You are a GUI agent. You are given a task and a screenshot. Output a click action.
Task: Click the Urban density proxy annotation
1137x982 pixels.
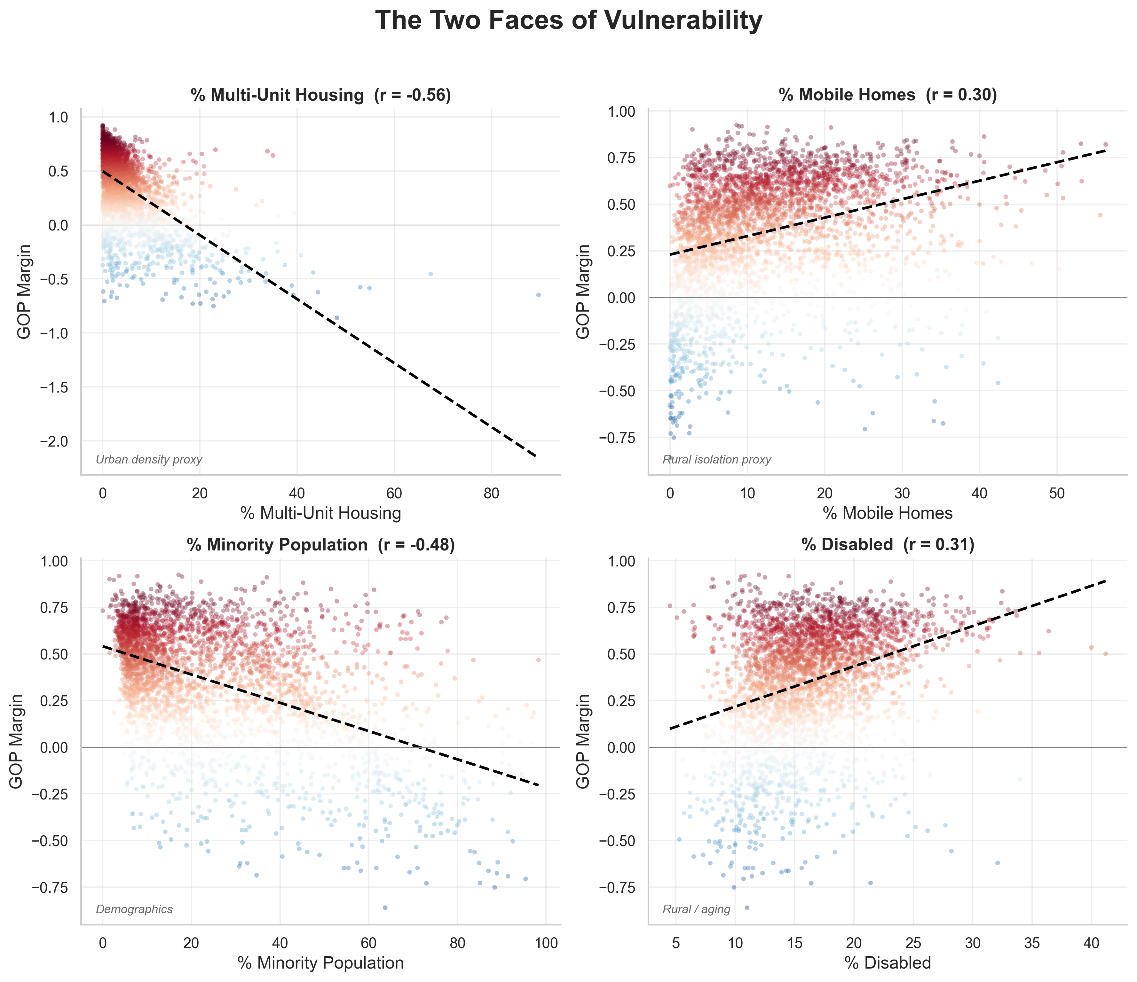[149, 460]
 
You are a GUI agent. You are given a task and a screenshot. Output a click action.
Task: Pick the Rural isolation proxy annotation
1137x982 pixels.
[717, 460]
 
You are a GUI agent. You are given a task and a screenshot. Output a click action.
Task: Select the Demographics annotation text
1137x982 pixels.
[134, 909]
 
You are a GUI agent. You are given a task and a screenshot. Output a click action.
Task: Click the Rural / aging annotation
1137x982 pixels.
[696, 909]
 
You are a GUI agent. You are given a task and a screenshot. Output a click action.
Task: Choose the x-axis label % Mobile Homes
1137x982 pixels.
[887, 513]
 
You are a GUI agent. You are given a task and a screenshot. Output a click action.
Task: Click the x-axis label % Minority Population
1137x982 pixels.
[321, 963]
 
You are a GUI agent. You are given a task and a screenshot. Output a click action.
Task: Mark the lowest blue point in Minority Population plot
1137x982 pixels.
[385, 908]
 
